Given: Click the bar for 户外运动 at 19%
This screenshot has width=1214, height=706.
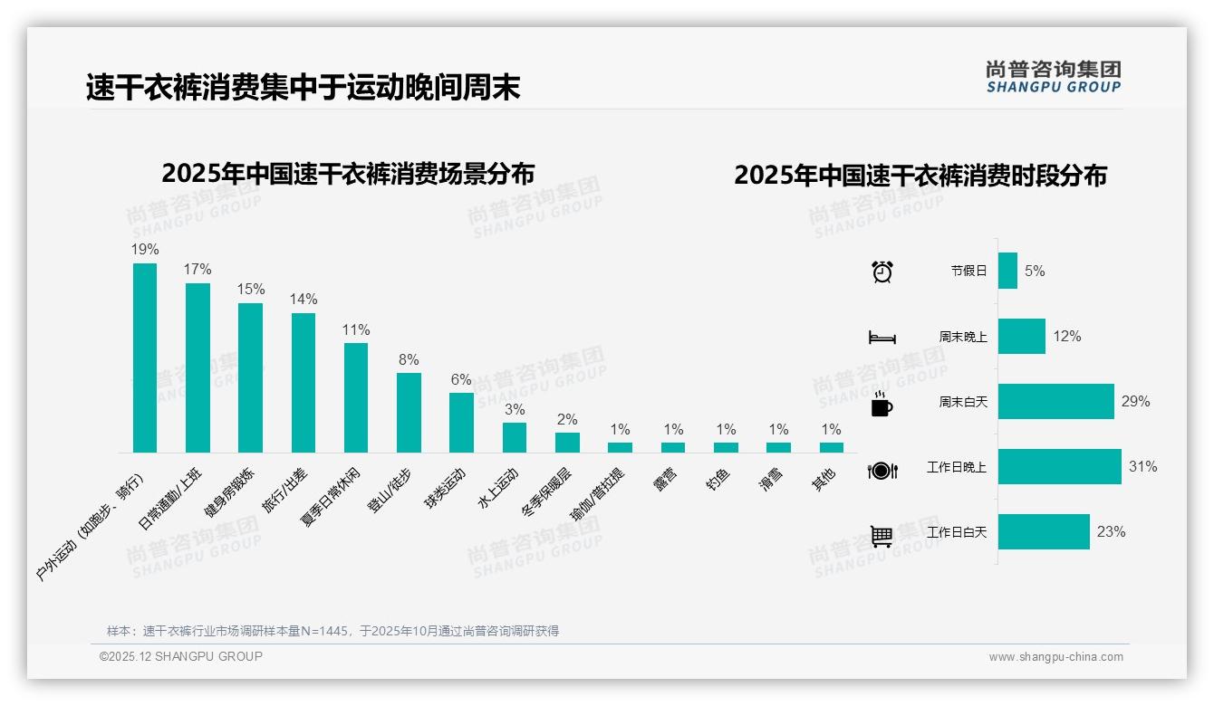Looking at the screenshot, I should point(145,358).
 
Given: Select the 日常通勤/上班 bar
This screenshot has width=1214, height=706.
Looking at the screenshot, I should point(198,367).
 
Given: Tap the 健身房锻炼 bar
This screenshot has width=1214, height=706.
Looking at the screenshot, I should point(250,377).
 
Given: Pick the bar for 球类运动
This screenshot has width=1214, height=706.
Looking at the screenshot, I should point(461,422).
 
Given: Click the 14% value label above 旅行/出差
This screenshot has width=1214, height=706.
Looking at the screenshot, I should point(303,300).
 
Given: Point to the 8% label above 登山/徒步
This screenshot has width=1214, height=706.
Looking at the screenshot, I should point(409,359).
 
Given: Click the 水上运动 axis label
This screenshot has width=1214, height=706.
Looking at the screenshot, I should point(499,490).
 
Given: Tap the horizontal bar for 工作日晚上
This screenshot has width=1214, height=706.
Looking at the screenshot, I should point(1059,467).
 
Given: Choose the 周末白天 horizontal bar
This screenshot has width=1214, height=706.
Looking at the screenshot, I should point(1055,402).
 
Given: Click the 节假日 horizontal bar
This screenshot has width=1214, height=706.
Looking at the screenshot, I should point(1007,271).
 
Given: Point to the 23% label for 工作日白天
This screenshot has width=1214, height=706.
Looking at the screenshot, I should point(1111,532).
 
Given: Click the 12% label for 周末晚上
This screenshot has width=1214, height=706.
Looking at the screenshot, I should point(1066,337).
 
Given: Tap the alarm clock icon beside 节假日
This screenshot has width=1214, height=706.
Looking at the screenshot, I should point(882,272).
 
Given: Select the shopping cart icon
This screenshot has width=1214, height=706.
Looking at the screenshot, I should point(882,536).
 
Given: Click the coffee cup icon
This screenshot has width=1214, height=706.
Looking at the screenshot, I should point(882,405).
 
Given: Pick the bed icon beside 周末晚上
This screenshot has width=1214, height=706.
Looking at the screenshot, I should point(882,338).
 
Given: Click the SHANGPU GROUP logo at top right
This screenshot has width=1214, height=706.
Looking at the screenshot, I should point(1053,77).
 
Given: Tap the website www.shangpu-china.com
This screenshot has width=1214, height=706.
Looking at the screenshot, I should point(1055,657).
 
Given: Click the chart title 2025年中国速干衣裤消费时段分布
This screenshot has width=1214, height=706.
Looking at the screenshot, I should point(920,176).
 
